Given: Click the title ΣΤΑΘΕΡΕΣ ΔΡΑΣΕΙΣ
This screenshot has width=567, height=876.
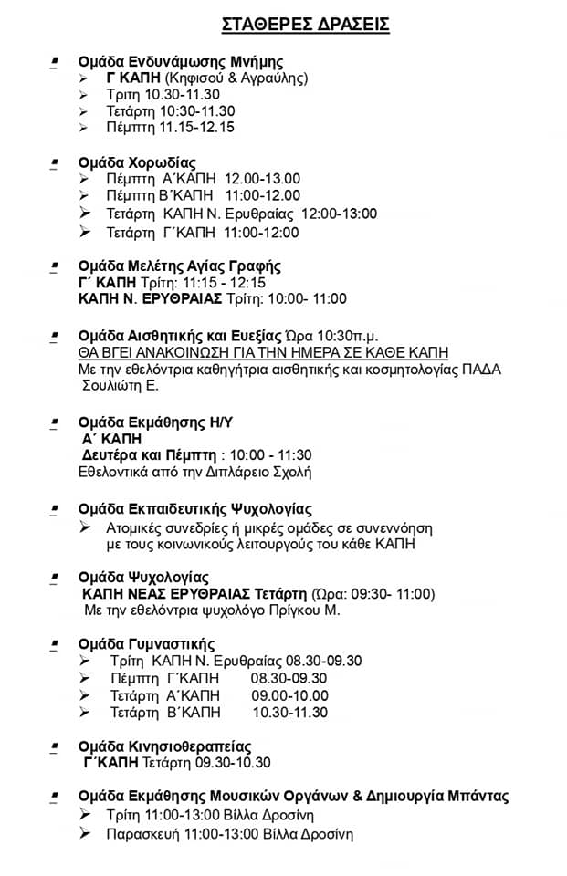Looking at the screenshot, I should (x=306, y=25).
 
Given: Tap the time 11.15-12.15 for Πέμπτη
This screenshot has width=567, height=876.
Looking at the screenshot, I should (x=197, y=127).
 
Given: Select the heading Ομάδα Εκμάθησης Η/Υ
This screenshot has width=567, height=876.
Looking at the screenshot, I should (x=157, y=423).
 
